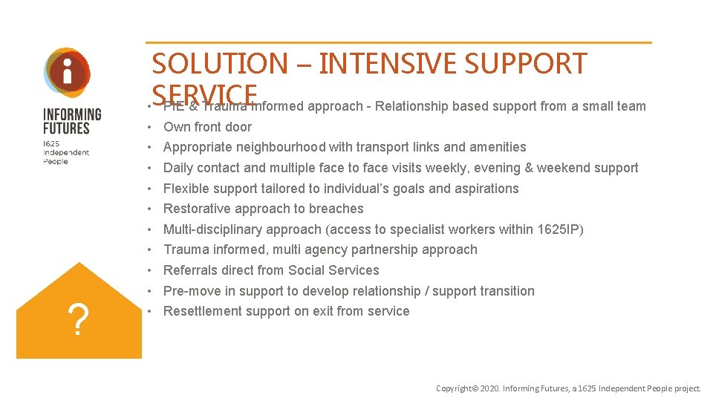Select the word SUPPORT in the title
(x=526, y=64)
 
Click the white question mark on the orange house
(x=79, y=319)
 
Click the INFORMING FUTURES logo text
(x=72, y=121)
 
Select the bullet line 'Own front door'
(x=207, y=127)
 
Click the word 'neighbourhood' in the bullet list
(x=273, y=147)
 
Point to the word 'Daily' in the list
(x=178, y=168)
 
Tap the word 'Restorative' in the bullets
(x=194, y=209)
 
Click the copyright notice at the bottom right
(x=568, y=388)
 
